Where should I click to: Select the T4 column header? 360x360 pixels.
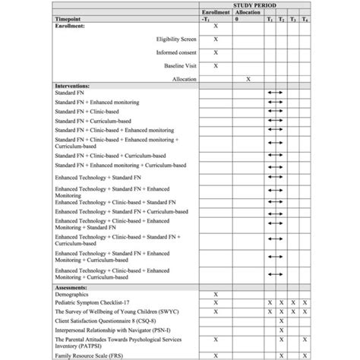(x=304, y=19)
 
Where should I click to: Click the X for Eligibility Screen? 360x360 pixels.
(x=216, y=39)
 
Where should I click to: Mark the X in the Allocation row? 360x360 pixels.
(x=248, y=78)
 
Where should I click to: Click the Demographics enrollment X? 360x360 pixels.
(x=216, y=294)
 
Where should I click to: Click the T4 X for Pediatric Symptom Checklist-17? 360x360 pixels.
(x=304, y=302)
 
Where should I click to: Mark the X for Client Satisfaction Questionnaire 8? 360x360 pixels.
(x=282, y=321)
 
